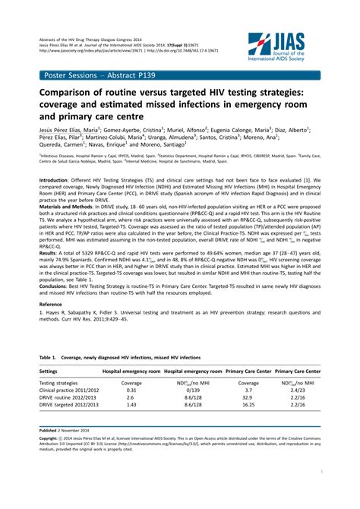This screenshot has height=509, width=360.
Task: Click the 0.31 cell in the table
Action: [x=131, y=390]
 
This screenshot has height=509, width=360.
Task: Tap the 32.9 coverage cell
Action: [x=247, y=397]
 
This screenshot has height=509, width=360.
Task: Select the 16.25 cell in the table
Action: [x=247, y=405]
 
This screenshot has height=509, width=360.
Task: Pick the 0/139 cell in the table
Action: [x=192, y=390]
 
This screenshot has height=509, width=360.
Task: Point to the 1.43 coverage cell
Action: [x=131, y=405]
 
